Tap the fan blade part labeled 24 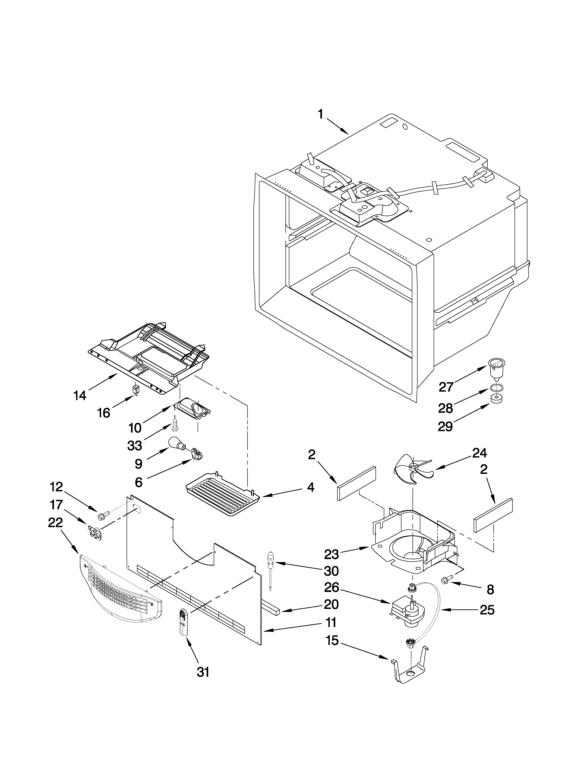pos(412,470)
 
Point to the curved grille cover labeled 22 pos(120,588)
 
